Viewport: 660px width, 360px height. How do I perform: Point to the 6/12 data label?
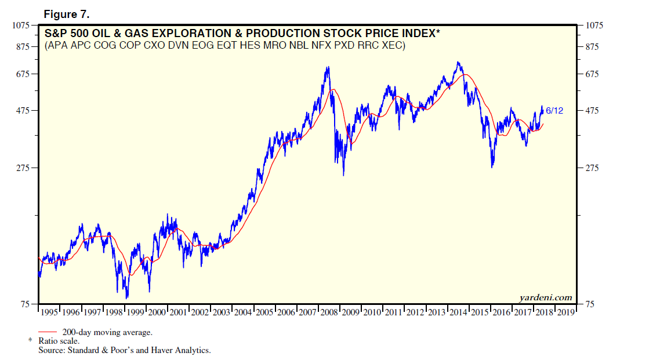[x=554, y=110]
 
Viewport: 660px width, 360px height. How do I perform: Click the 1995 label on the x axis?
[x=50, y=312]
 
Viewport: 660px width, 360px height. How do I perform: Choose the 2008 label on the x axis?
[x=329, y=312]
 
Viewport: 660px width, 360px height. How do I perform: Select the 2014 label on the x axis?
[x=458, y=312]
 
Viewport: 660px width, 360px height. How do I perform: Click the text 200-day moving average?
[x=107, y=332]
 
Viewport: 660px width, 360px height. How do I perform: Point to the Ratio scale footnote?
[x=59, y=341]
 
